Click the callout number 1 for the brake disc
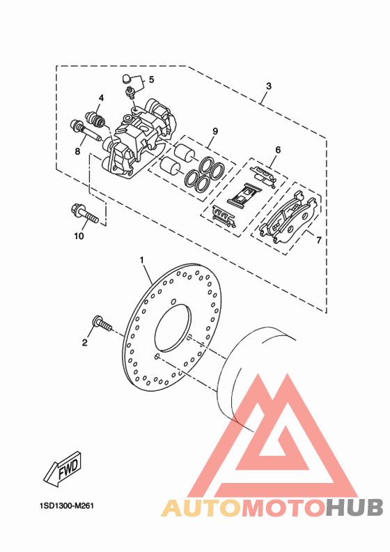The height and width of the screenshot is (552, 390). [x=141, y=260]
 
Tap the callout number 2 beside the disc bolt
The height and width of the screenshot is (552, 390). [x=85, y=342]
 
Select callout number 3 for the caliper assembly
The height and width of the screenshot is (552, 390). [x=269, y=86]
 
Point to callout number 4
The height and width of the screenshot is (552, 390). [x=101, y=98]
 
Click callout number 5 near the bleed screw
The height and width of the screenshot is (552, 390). [x=152, y=79]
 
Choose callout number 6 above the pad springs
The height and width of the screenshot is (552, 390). [x=278, y=150]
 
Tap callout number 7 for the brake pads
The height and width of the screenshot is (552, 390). [x=318, y=240]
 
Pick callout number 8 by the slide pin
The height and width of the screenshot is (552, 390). [x=77, y=151]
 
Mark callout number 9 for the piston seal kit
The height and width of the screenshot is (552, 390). [x=215, y=131]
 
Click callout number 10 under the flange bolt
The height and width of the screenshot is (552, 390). [x=79, y=236]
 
